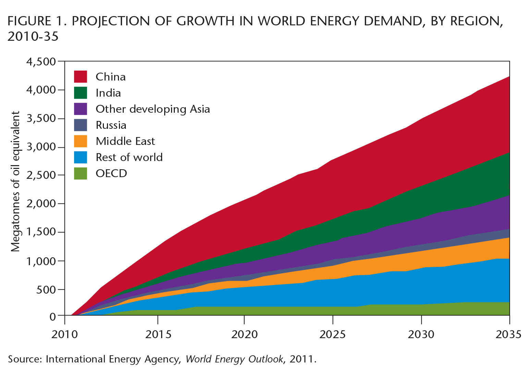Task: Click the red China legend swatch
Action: (x=81, y=77)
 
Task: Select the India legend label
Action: (x=108, y=93)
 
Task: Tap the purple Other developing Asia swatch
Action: (x=81, y=109)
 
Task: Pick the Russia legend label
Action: (x=111, y=125)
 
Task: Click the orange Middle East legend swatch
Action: (x=81, y=141)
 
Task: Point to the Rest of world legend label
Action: (x=129, y=157)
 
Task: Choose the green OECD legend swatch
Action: (x=81, y=173)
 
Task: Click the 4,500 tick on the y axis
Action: (x=41, y=62)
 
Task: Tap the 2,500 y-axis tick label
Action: (x=41, y=175)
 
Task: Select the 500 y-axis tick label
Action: (x=46, y=289)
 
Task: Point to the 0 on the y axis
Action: (x=52, y=316)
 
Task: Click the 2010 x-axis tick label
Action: (x=65, y=334)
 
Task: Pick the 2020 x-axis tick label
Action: (x=244, y=334)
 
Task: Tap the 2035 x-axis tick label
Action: (x=509, y=334)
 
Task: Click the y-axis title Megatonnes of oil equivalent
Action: (x=15, y=182)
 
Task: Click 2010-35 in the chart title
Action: (x=33, y=36)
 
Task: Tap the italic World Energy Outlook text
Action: (x=234, y=359)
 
